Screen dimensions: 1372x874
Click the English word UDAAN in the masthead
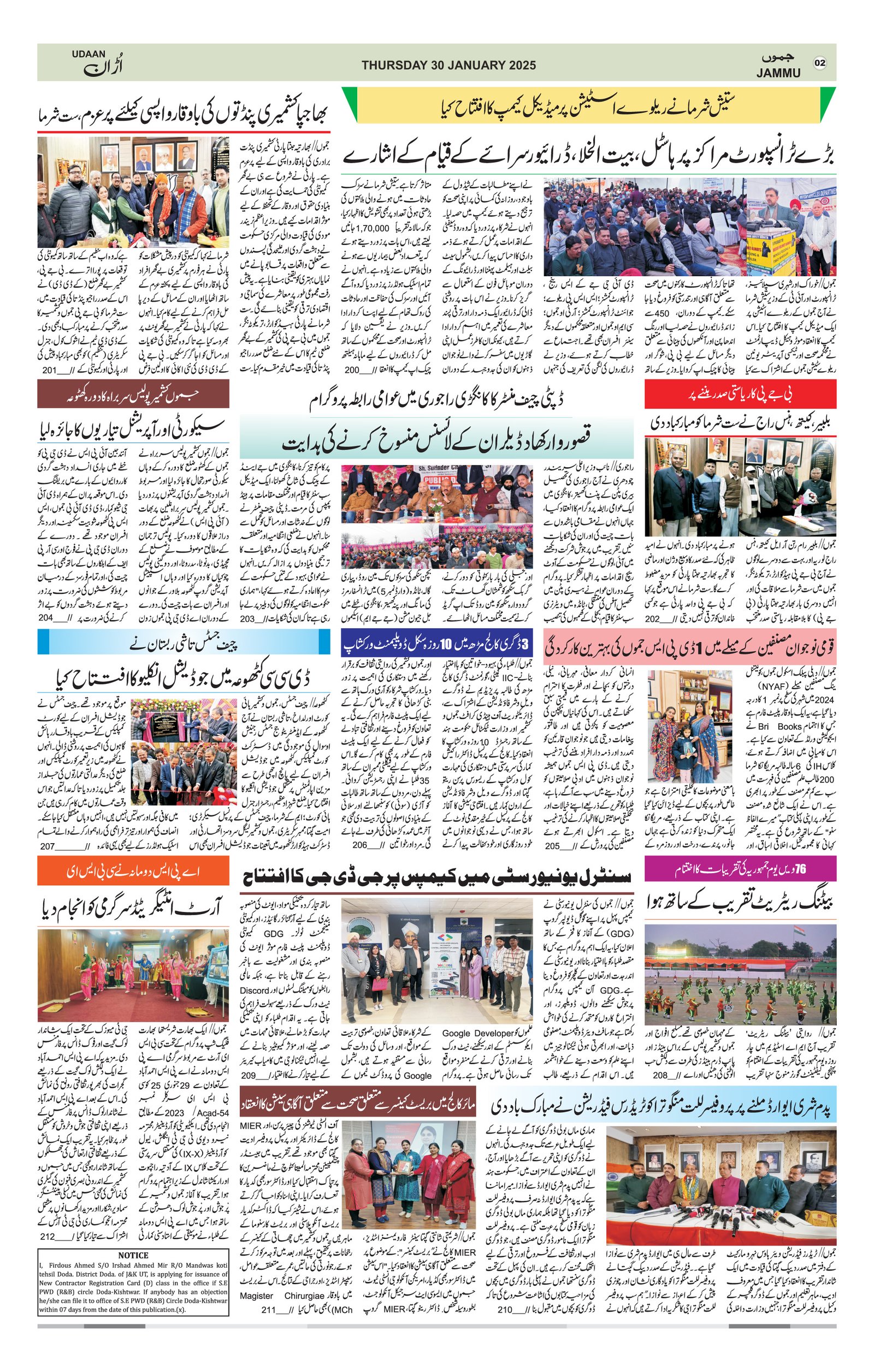pos(89,53)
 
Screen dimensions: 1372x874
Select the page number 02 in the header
pos(820,63)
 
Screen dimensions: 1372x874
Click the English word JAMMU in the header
pos(778,73)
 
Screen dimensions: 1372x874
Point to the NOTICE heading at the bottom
pos(133,1271)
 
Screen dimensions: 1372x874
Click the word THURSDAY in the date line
pos(393,65)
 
